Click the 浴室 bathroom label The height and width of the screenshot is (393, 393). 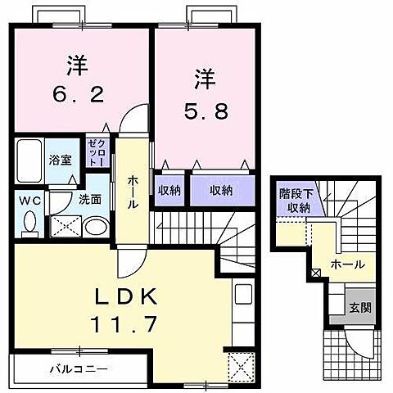[60, 160]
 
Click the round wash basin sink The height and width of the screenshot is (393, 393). [96, 228]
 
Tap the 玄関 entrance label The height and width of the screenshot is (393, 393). [361, 308]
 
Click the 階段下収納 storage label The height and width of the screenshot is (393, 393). [295, 201]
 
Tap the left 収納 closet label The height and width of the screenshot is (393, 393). [169, 190]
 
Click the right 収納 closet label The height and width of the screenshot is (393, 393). [220, 190]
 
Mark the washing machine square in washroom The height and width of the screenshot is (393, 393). [63, 225]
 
